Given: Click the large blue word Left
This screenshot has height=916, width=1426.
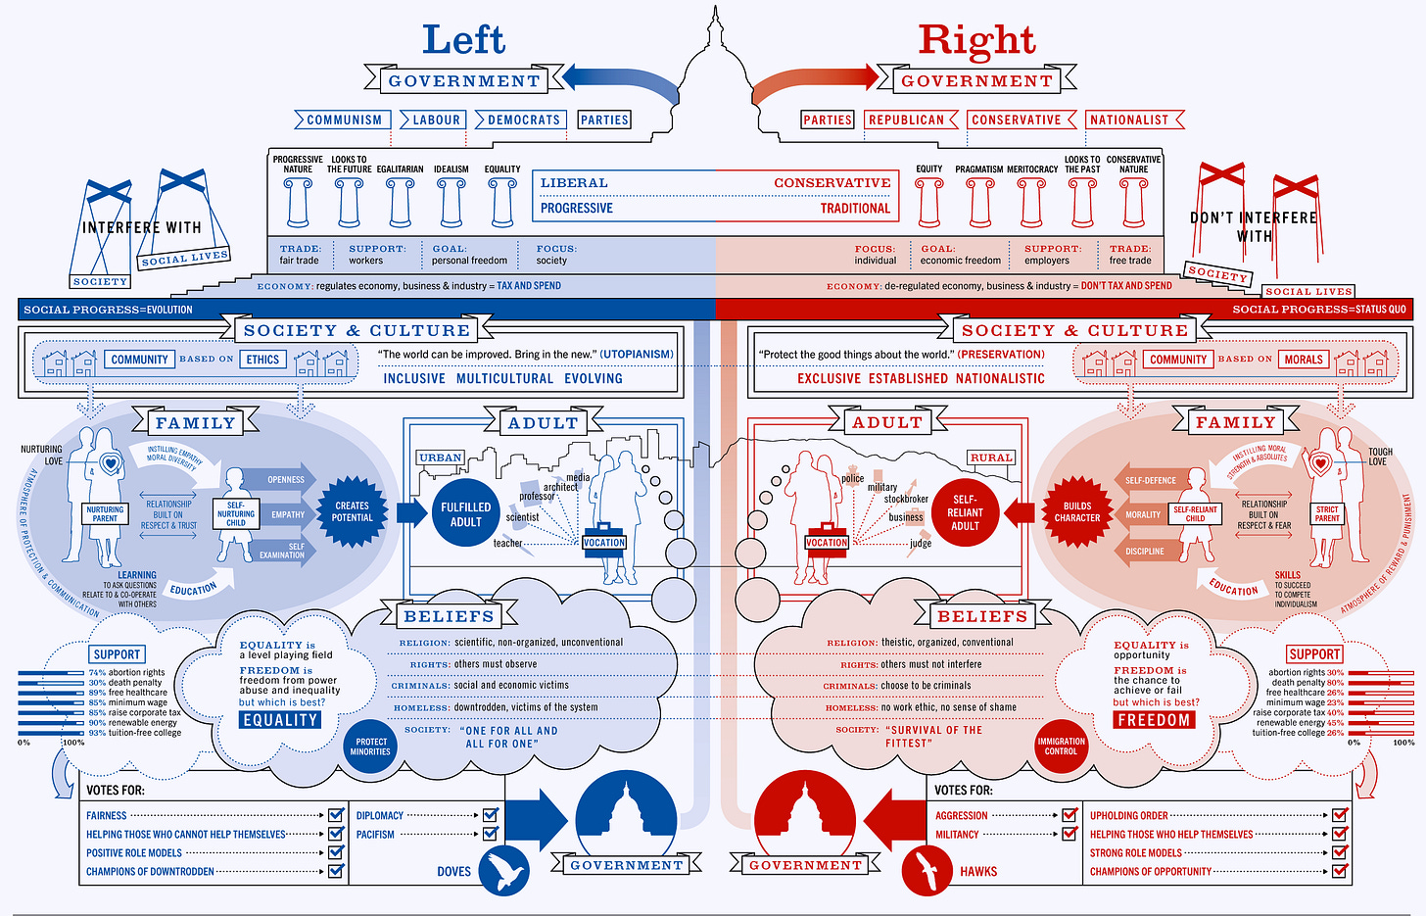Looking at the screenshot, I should click(463, 40).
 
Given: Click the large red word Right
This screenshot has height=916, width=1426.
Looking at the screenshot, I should click(975, 40).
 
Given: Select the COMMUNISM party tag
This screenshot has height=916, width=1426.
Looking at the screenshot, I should click(344, 120).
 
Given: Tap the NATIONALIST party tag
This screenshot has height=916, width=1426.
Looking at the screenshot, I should click(1130, 120).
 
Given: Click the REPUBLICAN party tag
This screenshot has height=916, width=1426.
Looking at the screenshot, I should click(907, 120).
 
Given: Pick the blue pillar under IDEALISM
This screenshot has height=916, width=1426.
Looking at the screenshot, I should click(452, 202).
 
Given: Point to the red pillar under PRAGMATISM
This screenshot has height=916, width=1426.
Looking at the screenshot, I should click(980, 202).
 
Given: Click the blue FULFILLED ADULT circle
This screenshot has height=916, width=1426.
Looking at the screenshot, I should click(465, 514).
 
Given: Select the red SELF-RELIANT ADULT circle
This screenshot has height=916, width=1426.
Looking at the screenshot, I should click(965, 512).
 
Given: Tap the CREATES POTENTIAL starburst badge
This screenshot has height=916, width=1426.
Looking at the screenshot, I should click(352, 511).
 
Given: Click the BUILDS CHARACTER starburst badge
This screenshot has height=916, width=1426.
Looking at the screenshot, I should click(1077, 511).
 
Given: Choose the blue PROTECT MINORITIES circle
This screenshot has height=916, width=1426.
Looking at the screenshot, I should click(372, 747).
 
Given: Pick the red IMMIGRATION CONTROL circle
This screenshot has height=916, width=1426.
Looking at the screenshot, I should click(1061, 747).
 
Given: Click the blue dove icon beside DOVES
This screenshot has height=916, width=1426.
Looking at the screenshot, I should click(506, 869).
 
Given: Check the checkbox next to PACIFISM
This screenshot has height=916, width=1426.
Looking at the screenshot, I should click(491, 834).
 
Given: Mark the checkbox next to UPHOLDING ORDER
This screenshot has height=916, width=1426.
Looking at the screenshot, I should click(1340, 815).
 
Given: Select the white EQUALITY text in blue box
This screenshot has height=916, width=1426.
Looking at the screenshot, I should click(280, 720).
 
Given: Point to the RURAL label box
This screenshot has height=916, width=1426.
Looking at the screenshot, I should click(991, 458).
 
